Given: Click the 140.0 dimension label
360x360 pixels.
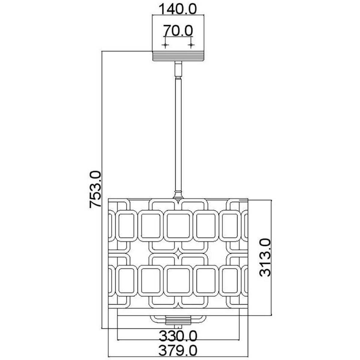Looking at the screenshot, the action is pos(178,9).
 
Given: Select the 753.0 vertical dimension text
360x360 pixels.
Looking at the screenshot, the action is pos(95,189).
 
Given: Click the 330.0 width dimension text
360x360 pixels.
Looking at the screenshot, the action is pos(178,325).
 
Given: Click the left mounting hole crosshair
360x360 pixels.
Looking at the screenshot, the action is pos(165,45).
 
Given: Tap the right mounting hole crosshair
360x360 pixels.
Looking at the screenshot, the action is pos(191,45).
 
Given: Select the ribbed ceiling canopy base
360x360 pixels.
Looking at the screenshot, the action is pos(178,56).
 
